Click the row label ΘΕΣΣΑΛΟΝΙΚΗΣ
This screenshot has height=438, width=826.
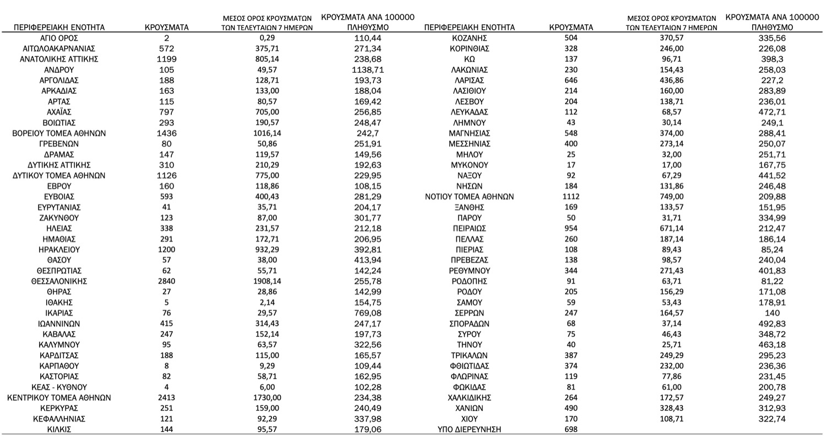pos(59,282)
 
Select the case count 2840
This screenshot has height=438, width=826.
pos(166,282)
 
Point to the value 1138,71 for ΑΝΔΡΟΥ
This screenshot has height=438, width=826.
pos(368,70)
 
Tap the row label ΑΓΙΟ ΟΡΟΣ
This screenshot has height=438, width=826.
pos(59,38)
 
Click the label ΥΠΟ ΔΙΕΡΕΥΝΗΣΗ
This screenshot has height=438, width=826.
pos(469,429)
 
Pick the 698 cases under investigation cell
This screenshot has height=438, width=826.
pos(571,429)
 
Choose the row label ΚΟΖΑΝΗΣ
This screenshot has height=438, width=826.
pos(469,38)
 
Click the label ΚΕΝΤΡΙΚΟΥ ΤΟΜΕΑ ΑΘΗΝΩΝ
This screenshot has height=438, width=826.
pos(59,398)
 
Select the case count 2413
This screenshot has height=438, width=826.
pos(166,398)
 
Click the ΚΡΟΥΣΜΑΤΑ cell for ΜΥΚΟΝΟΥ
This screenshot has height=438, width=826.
pos(571,165)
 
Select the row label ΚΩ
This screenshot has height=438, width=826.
pos(469,59)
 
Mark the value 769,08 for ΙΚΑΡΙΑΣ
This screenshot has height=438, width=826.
pos(368,313)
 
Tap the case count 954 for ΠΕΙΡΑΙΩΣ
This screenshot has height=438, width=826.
pos(571,228)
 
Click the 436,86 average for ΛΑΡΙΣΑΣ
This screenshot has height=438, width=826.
pos(671,80)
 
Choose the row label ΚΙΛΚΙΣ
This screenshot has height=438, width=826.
pos(59,429)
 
